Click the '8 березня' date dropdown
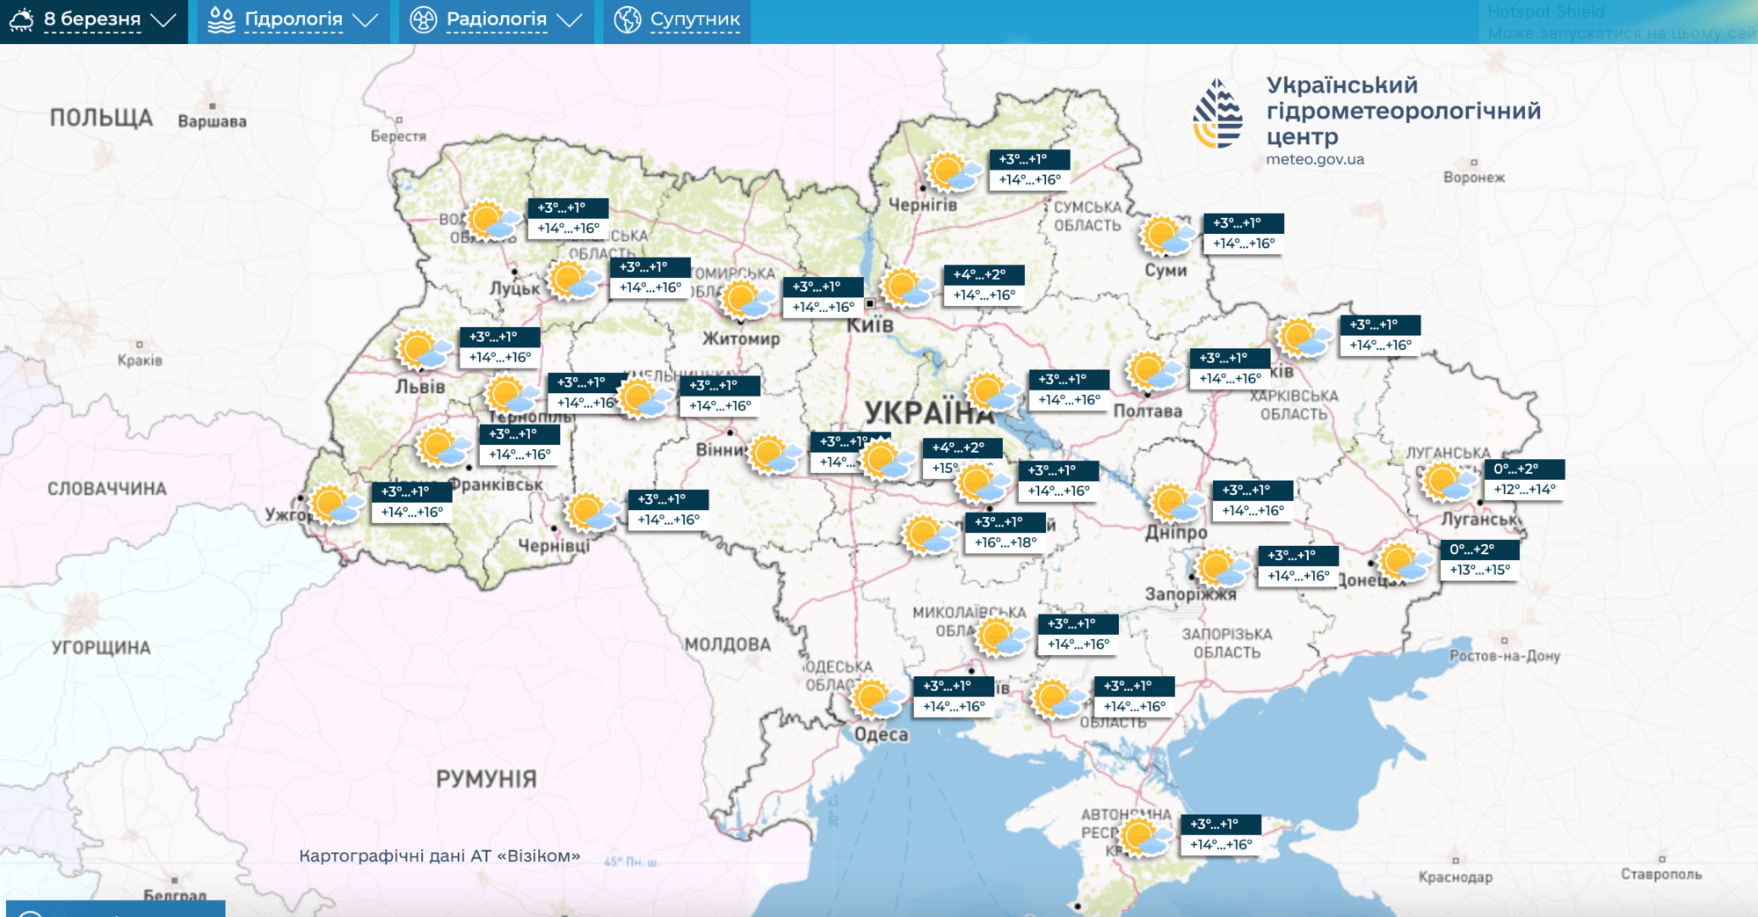tap(92, 20)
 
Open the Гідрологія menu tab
tap(293, 20)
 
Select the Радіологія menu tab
tap(496, 20)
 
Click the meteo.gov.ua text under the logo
tap(1315, 160)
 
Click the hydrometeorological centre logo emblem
tap(1218, 114)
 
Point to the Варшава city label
tap(212, 121)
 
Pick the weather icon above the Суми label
tap(1166, 236)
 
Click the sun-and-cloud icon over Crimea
tap(1144, 837)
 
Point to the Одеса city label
tap(881, 734)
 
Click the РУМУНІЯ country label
tap(486, 779)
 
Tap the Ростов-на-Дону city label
tap(1504, 656)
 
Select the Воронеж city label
tap(1474, 178)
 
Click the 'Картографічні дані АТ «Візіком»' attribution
tap(439, 856)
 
